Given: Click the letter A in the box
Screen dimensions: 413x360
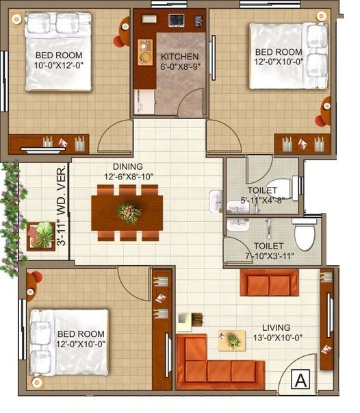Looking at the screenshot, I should pos(300,379).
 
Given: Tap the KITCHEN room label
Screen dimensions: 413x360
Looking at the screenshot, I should pos(179,57).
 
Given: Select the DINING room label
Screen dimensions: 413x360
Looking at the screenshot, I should pos(128,166).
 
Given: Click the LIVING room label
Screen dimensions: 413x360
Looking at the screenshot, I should pos(276,327).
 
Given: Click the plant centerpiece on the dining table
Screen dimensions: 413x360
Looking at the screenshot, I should pos(129,212).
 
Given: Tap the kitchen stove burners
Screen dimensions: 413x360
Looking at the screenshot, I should pos(177,21).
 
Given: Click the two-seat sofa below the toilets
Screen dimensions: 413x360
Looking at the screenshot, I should pos(269,282).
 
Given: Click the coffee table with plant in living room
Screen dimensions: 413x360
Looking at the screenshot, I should pos(232,340).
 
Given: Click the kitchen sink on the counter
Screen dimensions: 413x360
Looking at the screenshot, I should pos(146,49).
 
